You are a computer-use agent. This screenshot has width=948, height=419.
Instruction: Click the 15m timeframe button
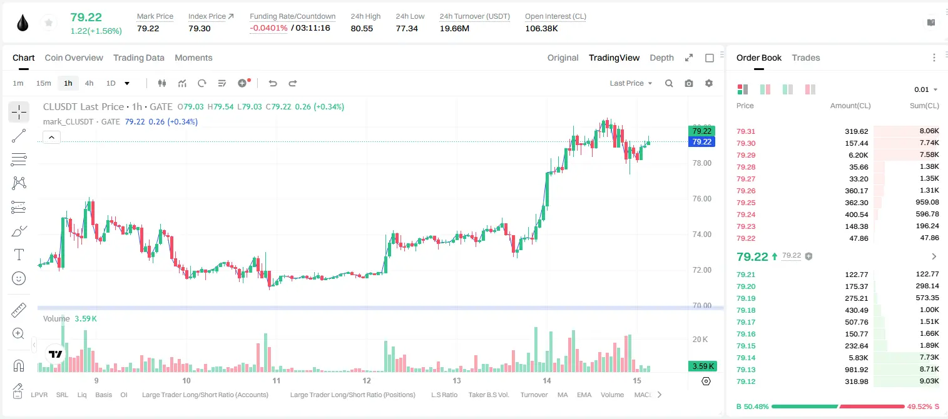coord(44,83)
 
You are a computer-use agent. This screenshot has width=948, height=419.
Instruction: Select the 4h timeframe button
coord(89,83)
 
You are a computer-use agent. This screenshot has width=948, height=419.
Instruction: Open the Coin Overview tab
coord(74,58)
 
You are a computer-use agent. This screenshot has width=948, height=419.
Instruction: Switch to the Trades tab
coord(806,58)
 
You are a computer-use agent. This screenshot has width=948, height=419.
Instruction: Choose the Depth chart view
coord(661,58)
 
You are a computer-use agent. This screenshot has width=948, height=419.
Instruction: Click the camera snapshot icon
coord(689,83)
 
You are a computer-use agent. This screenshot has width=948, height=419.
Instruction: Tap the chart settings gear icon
coord(709,83)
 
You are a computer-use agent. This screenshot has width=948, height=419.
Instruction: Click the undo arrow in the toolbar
coord(273,83)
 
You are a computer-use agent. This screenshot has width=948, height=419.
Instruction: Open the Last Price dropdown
coord(631,83)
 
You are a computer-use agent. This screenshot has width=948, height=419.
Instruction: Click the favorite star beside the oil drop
coord(49,23)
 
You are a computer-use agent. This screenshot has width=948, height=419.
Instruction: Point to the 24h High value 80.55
coord(362,28)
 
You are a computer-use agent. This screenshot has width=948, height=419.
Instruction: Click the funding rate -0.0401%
coord(268,28)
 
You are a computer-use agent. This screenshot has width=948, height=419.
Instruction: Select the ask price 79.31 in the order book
coord(746,131)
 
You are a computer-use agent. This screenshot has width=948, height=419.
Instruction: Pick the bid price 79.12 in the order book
coord(746,381)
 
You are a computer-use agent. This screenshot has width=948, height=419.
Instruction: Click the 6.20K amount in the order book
coord(859,155)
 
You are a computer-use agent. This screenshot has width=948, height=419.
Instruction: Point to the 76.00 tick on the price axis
coord(701,199)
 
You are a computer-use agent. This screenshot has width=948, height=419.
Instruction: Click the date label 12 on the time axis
coord(367,380)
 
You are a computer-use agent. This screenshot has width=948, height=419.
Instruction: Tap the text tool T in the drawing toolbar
coord(19,255)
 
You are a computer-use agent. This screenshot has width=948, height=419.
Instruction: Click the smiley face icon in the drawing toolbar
coord(19,278)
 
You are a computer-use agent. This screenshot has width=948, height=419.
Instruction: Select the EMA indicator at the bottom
coord(584,395)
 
